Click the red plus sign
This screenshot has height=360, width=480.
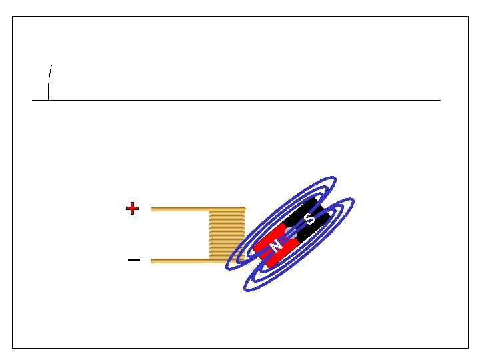(x=132, y=209)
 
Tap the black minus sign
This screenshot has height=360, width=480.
(x=134, y=260)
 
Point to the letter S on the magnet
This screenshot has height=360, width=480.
(x=309, y=219)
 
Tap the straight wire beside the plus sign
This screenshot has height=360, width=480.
(x=180, y=209)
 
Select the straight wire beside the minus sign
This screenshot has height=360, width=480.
(x=180, y=261)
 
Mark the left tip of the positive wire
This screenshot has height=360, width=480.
(x=152, y=209)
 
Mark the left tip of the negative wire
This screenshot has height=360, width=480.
(x=152, y=261)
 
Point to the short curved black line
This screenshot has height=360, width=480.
(x=49, y=83)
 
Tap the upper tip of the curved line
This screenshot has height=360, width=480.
(x=52, y=65)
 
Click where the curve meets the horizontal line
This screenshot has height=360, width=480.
(x=48, y=100)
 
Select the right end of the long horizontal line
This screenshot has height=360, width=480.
(x=440, y=100)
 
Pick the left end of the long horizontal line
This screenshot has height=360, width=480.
(x=33, y=100)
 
